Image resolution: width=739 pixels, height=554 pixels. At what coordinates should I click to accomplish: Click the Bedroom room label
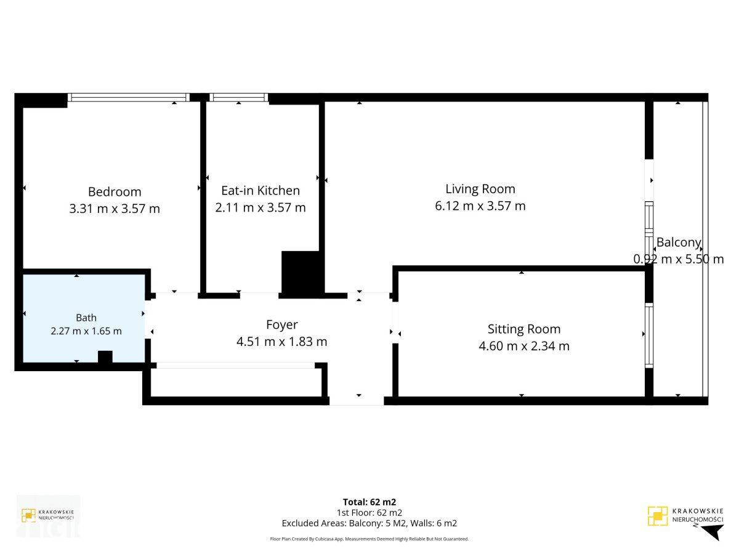tap(115, 191)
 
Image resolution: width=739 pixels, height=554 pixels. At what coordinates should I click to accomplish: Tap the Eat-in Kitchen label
tap(260, 190)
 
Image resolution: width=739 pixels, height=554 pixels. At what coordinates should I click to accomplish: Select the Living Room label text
tap(480, 189)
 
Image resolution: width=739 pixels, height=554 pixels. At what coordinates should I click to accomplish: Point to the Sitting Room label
tap(524, 329)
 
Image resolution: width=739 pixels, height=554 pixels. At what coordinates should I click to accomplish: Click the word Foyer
tap(282, 324)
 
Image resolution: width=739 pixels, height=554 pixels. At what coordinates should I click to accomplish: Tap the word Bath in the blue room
tap(86, 318)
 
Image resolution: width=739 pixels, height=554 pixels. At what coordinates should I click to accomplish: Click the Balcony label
tap(679, 242)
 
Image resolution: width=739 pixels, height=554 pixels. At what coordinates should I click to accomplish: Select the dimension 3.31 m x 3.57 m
tap(115, 209)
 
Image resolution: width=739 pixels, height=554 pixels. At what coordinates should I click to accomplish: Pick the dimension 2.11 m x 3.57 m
tap(260, 207)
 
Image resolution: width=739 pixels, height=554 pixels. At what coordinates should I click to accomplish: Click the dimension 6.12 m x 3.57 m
tap(480, 206)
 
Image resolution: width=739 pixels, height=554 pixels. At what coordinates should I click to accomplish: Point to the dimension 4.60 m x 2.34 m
tap(524, 346)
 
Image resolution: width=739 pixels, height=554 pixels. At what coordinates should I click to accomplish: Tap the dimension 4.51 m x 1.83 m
tap(282, 342)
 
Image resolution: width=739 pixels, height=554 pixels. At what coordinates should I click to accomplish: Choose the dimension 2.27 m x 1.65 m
tap(86, 331)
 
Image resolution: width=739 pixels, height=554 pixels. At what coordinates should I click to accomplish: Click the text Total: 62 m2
tap(369, 502)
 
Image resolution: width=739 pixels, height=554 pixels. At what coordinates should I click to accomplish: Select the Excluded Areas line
tap(369, 523)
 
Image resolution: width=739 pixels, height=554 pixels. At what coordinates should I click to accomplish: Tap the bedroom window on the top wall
tap(129, 97)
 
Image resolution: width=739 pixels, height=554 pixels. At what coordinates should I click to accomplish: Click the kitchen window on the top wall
tap(239, 97)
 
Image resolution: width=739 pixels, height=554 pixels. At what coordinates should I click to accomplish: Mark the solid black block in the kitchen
tap(301, 273)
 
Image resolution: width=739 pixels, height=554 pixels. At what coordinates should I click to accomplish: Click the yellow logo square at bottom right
tap(658, 516)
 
